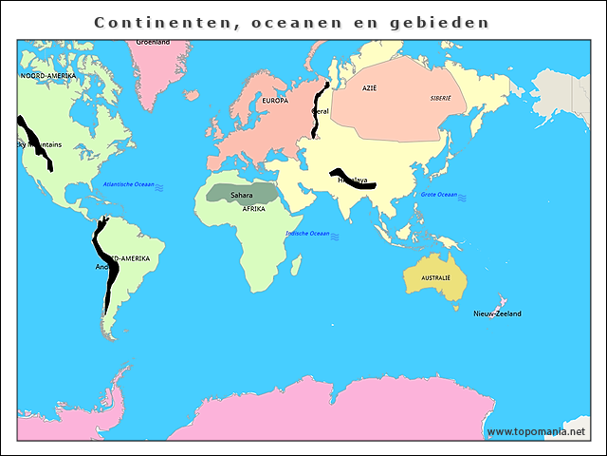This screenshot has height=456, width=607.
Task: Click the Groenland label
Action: click(153, 42)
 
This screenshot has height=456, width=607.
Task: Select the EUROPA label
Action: click(274, 101)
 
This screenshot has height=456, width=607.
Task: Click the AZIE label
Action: click(370, 87)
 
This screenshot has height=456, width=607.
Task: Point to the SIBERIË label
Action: click(441, 98)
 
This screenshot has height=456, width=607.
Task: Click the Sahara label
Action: click(241, 196)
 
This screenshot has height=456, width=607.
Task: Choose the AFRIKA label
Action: click(253, 208)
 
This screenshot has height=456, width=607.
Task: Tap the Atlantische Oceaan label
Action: click(129, 183)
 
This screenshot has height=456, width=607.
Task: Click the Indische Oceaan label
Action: click(307, 233)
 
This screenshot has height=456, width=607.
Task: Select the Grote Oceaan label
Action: click(439, 195)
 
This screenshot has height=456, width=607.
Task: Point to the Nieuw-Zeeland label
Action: click(497, 313)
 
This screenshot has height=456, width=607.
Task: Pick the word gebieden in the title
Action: click(443, 21)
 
